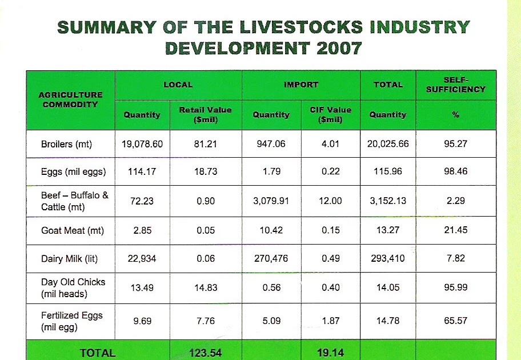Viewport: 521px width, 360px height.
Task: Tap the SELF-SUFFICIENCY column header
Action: [x=455, y=85]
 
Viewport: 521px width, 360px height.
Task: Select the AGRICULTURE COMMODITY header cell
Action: [x=70, y=99]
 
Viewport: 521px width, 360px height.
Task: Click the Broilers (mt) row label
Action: [x=66, y=144]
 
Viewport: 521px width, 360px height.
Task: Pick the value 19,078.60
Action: [x=142, y=144]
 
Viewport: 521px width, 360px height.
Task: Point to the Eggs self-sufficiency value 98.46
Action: [x=455, y=171]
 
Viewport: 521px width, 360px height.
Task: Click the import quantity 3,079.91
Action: [x=271, y=201]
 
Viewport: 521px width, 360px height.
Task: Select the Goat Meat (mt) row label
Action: [x=69, y=231]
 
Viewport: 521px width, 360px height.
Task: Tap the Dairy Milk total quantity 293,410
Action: [x=387, y=258]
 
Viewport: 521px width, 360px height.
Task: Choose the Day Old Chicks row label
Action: [x=65, y=287]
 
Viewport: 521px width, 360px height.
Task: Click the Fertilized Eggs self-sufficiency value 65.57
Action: [x=455, y=321]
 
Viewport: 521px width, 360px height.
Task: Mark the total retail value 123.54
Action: [x=206, y=353]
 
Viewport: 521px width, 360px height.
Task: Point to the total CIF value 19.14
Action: [x=330, y=353]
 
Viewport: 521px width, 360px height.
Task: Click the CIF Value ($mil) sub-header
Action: [x=330, y=114]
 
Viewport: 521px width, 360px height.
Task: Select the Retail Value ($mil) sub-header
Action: [x=206, y=114]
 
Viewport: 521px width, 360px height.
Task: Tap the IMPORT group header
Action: [x=300, y=85]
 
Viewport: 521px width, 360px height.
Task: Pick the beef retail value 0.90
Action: [x=206, y=201]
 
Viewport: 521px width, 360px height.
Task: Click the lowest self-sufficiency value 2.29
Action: [x=455, y=201]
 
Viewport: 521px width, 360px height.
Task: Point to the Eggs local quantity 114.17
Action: [x=142, y=171]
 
